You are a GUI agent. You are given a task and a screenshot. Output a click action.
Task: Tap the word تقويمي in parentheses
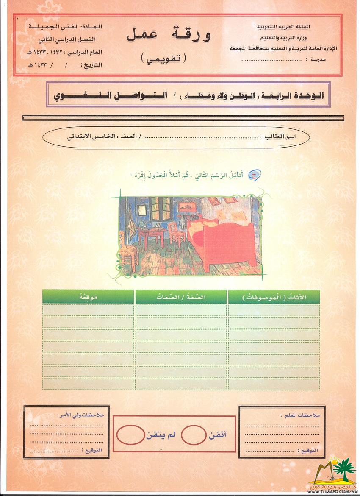(x=163, y=58)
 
